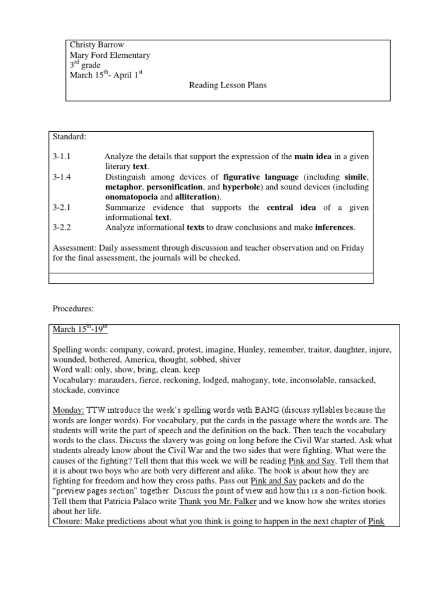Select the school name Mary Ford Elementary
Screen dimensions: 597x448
[x=110, y=55]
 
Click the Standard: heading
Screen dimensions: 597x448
[x=69, y=137]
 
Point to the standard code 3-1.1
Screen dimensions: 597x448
[x=62, y=157]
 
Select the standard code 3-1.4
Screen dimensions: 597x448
[x=62, y=177]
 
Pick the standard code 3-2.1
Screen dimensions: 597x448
[x=62, y=208]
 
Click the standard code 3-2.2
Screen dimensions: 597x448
[x=62, y=227]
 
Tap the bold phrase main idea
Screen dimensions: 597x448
[x=315, y=157]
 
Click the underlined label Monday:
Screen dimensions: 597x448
[x=68, y=410]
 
